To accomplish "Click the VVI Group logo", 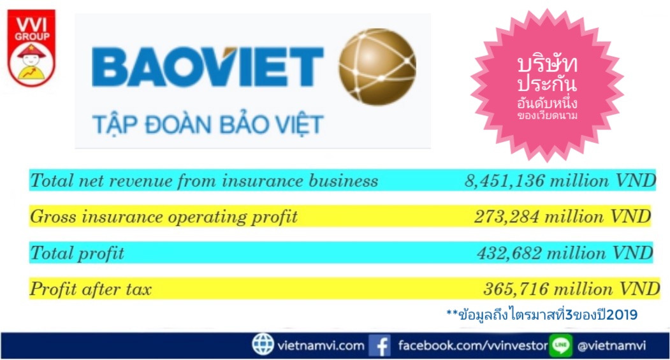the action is pos(32,48).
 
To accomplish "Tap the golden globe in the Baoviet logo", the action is pos(377,66).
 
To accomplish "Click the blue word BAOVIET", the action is pos(208,67).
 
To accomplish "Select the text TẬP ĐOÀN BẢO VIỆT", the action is pos(208,124).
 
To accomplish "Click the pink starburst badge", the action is pos(547,85).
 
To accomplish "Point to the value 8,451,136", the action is pos(504,181).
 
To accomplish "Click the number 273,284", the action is pos(506,217).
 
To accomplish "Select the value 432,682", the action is pos(509,253).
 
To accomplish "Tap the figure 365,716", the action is pos(516,289).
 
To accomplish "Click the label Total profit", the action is pos(77,254).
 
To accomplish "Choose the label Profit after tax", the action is pos(91,289).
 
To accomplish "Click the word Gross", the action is pos(54,217).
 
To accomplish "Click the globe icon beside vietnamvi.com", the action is pos(263,345).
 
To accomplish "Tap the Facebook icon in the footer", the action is pos(379,345).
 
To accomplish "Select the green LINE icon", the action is pos(560,345).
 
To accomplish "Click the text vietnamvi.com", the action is pos(321,345).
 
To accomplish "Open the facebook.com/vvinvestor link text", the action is pos(472,345).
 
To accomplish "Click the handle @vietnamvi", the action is pos(611,345).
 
